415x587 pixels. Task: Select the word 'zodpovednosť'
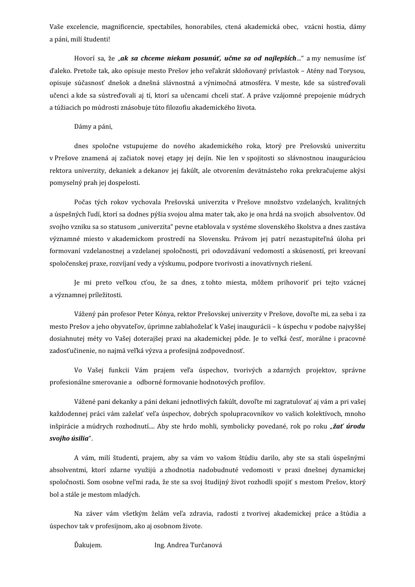click(221, 351)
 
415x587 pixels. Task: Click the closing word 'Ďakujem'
click(88, 545)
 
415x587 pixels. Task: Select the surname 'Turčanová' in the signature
click(206, 545)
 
